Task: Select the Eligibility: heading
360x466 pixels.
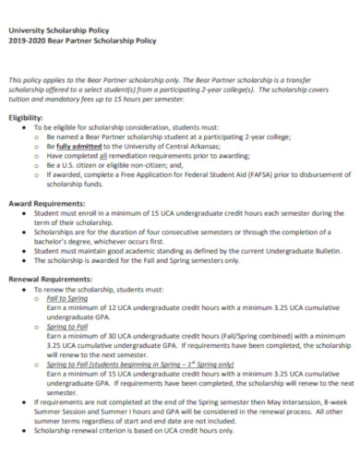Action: point(25,118)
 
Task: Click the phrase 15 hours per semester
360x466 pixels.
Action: point(162,100)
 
